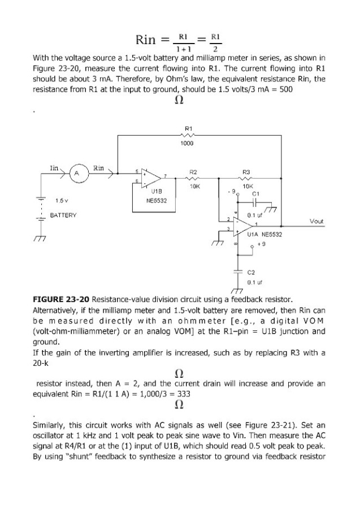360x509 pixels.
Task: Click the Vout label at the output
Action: point(316,222)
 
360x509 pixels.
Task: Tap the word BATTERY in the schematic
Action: point(62,215)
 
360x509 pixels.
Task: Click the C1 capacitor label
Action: point(255,193)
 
